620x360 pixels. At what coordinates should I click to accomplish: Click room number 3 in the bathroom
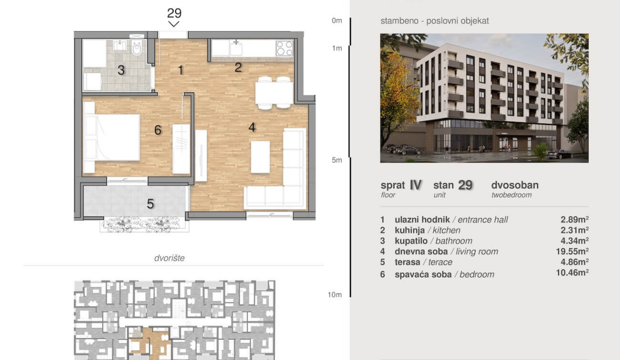point(121,70)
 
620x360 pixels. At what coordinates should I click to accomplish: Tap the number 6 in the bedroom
point(158,130)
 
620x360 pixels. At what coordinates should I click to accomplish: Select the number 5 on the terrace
point(150,204)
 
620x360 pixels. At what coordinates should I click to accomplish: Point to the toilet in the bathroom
point(136,47)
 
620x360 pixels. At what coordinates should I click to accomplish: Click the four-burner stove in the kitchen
point(284,48)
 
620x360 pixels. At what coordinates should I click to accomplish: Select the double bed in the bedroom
point(111,137)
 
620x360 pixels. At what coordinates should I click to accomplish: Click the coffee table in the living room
point(260,157)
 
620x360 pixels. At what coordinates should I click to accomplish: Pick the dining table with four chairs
point(274,92)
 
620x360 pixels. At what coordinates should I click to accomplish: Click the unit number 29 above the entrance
point(174,13)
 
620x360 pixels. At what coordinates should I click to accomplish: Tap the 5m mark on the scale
point(337,160)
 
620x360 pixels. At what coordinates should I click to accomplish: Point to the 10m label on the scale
point(334,294)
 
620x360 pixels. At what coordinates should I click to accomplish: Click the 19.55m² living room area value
point(572,251)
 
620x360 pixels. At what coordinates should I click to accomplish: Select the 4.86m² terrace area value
point(574,262)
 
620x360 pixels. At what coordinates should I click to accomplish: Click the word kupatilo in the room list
point(411,241)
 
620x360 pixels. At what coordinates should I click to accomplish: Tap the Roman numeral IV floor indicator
point(415,185)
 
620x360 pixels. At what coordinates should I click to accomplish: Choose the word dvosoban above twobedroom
point(515,185)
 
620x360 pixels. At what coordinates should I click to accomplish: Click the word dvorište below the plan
point(169,258)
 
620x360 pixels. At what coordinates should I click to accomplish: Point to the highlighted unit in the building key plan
point(149,343)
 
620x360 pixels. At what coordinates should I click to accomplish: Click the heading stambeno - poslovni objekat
point(434,21)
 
